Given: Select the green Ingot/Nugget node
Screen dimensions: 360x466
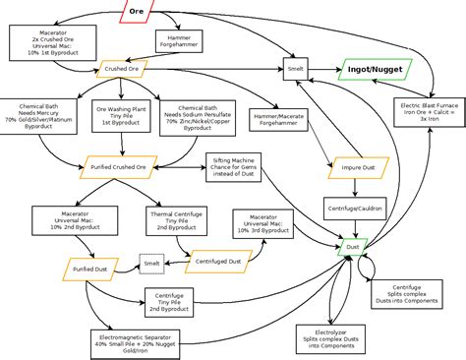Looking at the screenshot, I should (371, 70).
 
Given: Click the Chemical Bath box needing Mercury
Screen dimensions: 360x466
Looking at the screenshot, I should (40, 116).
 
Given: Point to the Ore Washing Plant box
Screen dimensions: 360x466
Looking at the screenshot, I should (117, 116).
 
